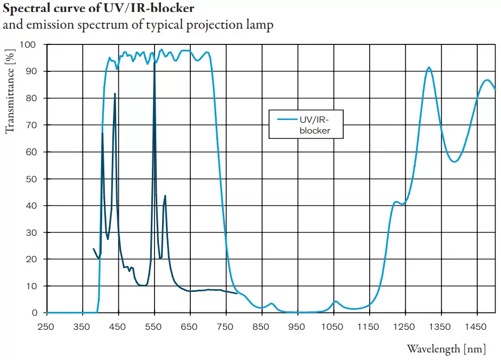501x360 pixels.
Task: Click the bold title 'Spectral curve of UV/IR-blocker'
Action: coord(99,9)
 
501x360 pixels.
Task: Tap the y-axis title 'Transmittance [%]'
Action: coord(9,93)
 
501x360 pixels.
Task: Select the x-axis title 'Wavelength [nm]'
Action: coord(446,349)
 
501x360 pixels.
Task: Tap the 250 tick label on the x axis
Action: coord(46,327)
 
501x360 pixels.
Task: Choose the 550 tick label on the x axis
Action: coord(154,327)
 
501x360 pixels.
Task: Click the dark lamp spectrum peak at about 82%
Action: coord(115,94)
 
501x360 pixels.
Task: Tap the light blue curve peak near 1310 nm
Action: coord(429,68)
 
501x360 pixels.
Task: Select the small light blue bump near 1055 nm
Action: coord(336,301)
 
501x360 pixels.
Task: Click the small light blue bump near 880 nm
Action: coord(271,304)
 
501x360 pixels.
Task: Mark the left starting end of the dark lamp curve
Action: coord(93,249)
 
